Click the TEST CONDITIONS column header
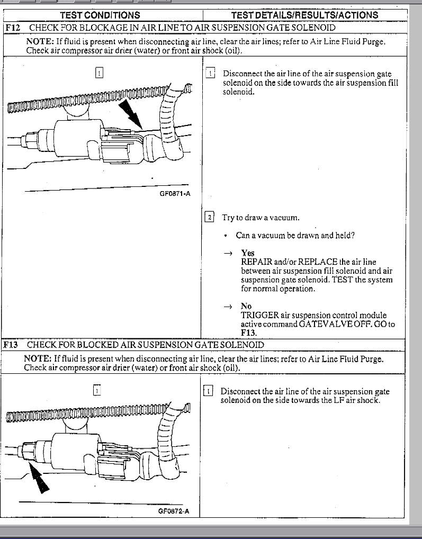(100, 15)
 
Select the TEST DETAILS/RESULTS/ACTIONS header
(305, 15)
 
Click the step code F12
(13, 28)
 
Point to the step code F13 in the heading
(11, 345)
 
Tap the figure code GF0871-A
(175, 194)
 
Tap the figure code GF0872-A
(174, 511)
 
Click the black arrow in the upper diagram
(131, 115)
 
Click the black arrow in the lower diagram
(39, 478)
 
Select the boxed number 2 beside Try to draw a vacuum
(209, 218)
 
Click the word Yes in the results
(248, 253)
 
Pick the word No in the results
(246, 306)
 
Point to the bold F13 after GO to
(248, 333)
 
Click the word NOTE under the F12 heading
(40, 42)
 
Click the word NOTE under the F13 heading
(38, 359)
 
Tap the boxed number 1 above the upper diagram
(99, 73)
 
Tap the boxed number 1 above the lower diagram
(97, 391)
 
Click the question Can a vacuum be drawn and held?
(295, 236)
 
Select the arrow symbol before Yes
(228, 254)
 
